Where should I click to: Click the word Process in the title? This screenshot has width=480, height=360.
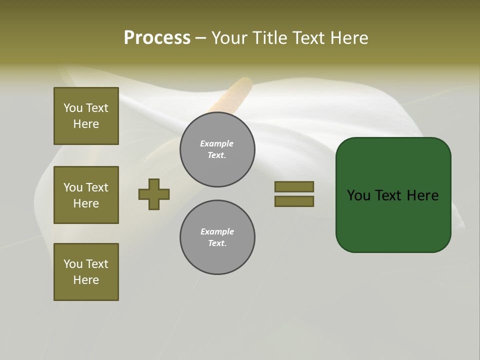pyautogui.click(x=157, y=38)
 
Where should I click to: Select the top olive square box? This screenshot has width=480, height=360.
pyautogui.click(x=86, y=116)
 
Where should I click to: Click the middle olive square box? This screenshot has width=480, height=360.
pyautogui.click(x=86, y=195)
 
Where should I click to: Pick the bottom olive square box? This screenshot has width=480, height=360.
pyautogui.click(x=86, y=271)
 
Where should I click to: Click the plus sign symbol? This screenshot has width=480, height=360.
pyautogui.click(x=154, y=194)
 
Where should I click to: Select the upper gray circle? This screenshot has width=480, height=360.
pyautogui.click(x=217, y=149)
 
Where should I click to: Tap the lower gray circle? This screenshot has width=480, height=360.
pyautogui.click(x=217, y=237)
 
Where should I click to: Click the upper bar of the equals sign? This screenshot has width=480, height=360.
pyautogui.click(x=294, y=186)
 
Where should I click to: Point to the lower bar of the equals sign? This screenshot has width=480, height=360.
pyautogui.click(x=294, y=201)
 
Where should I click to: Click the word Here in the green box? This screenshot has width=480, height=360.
pyautogui.click(x=422, y=195)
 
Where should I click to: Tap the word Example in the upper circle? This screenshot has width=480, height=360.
pyautogui.click(x=217, y=143)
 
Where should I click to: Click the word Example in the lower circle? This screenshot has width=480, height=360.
pyautogui.click(x=217, y=231)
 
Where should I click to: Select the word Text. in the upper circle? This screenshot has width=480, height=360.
pyautogui.click(x=217, y=155)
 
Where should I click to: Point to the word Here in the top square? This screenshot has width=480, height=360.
pyautogui.click(x=86, y=124)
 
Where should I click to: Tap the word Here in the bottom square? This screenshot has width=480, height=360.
pyautogui.click(x=86, y=280)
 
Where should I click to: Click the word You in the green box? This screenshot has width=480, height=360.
pyautogui.click(x=359, y=195)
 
